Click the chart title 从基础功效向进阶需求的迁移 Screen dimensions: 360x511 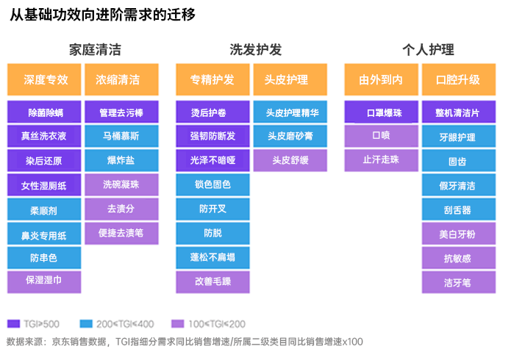[x=102, y=15]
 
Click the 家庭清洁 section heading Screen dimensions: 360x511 [x=95, y=50]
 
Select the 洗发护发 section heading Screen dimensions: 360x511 [x=255, y=50]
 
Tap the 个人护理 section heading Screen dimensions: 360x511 [x=428, y=50]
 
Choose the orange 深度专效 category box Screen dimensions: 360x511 [x=46, y=79]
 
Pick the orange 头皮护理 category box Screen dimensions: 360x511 [x=286, y=79]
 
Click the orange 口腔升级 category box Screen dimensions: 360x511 [x=458, y=79]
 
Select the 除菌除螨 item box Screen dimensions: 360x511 [x=46, y=112]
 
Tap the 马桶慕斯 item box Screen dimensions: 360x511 [x=121, y=136]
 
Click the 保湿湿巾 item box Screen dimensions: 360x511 [x=46, y=281]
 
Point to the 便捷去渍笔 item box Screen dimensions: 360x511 [x=121, y=233]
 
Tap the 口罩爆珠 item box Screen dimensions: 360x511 [x=382, y=112]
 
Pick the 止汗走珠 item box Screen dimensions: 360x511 [x=382, y=160]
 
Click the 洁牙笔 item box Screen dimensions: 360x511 [x=458, y=281]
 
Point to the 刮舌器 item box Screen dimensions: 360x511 [x=458, y=209]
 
